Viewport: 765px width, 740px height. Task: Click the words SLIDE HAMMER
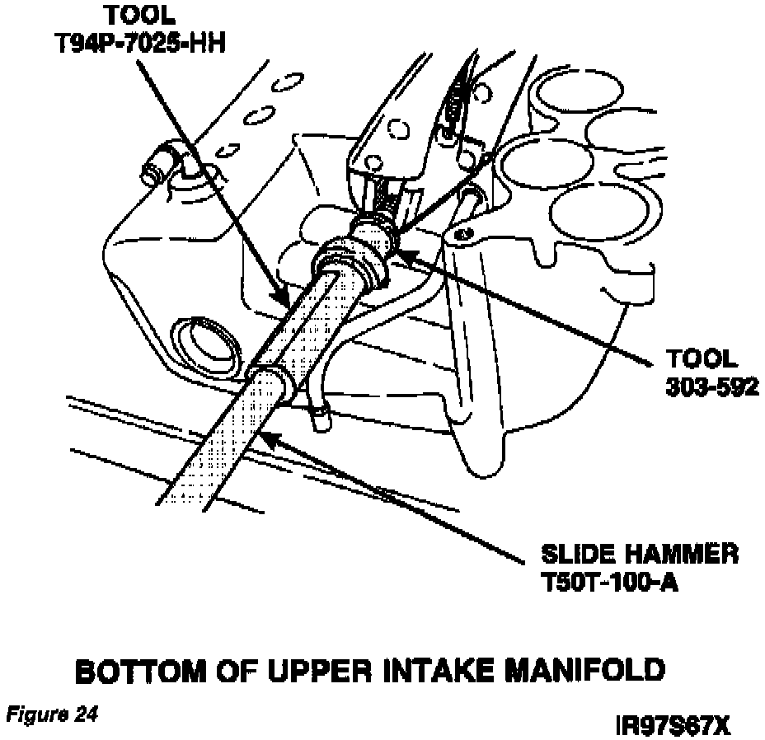(640, 554)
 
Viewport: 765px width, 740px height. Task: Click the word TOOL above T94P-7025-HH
(138, 13)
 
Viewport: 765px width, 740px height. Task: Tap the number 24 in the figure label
(85, 714)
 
